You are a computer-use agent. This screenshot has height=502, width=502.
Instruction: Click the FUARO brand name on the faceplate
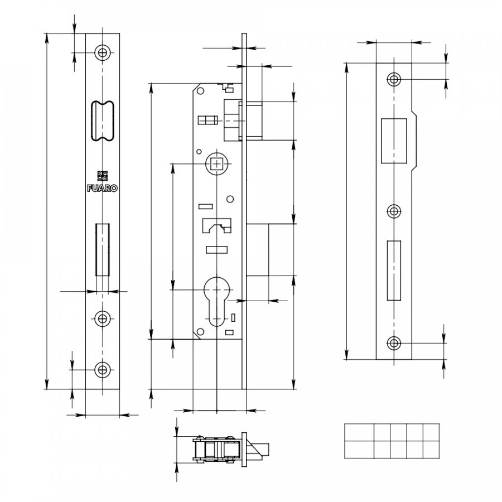[103, 189]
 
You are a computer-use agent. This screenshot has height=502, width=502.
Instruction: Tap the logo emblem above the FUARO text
[103, 176]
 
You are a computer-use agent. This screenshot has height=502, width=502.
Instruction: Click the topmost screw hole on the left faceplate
[103, 52]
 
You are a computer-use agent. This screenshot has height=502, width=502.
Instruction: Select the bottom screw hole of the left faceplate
[103, 370]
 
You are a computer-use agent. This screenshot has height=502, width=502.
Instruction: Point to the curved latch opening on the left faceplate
[103, 121]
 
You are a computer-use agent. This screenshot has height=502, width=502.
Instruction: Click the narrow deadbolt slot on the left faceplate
[103, 250]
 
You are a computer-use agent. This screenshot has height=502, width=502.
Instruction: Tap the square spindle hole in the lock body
[217, 164]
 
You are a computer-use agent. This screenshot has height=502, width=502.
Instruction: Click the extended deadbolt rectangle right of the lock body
[257, 250]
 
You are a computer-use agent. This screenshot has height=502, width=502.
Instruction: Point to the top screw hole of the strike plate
[394, 79]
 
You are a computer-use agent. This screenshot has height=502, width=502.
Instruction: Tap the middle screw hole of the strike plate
[394, 211]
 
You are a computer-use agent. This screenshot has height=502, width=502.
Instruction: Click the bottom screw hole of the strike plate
[394, 343]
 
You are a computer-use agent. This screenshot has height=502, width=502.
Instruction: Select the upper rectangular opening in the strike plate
[394, 141]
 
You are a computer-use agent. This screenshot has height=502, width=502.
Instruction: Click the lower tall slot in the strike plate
[394, 271]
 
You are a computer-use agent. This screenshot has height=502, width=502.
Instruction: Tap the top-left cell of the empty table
[359, 432]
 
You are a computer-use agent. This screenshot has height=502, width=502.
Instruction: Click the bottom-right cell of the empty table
[431, 450]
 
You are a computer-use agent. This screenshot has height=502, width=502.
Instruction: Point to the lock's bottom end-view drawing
[231, 450]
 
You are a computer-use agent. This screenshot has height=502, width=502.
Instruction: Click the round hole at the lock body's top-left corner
[201, 91]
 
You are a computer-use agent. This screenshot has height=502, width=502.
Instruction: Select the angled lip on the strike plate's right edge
[414, 141]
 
